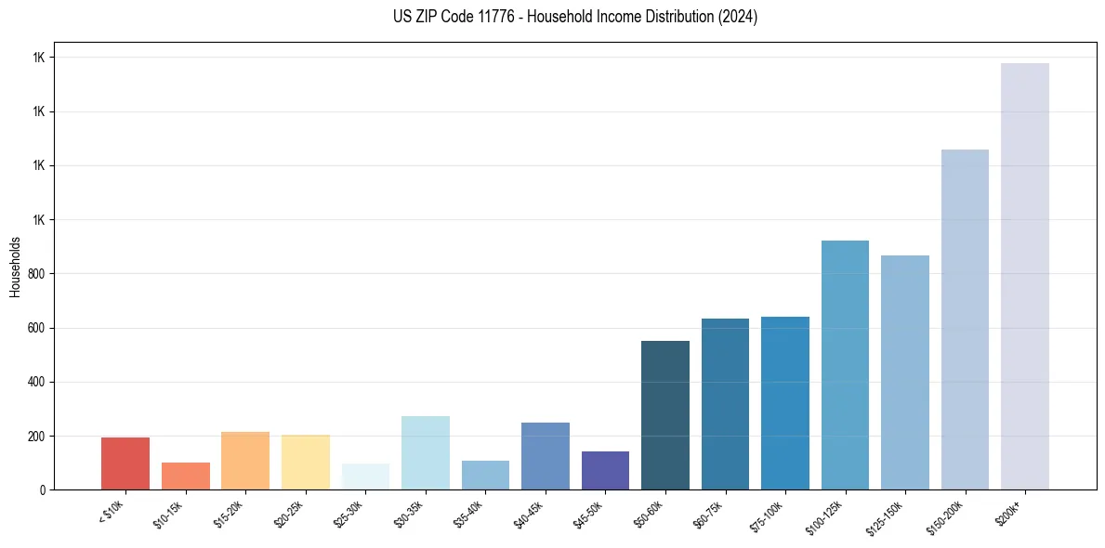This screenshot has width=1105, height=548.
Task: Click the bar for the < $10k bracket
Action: (125, 463)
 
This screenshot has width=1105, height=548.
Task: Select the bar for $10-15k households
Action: (186, 476)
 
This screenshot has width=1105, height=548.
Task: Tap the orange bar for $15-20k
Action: (245, 461)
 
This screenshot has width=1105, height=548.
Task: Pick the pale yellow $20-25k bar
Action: (306, 463)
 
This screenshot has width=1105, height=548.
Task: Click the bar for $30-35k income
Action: (426, 452)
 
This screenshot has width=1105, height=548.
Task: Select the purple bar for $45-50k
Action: (605, 470)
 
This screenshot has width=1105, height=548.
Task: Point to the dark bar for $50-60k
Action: (665, 415)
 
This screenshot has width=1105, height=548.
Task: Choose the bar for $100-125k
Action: (845, 365)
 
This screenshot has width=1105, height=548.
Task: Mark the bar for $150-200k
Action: (965, 320)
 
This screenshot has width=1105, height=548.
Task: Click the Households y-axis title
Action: (16, 267)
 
